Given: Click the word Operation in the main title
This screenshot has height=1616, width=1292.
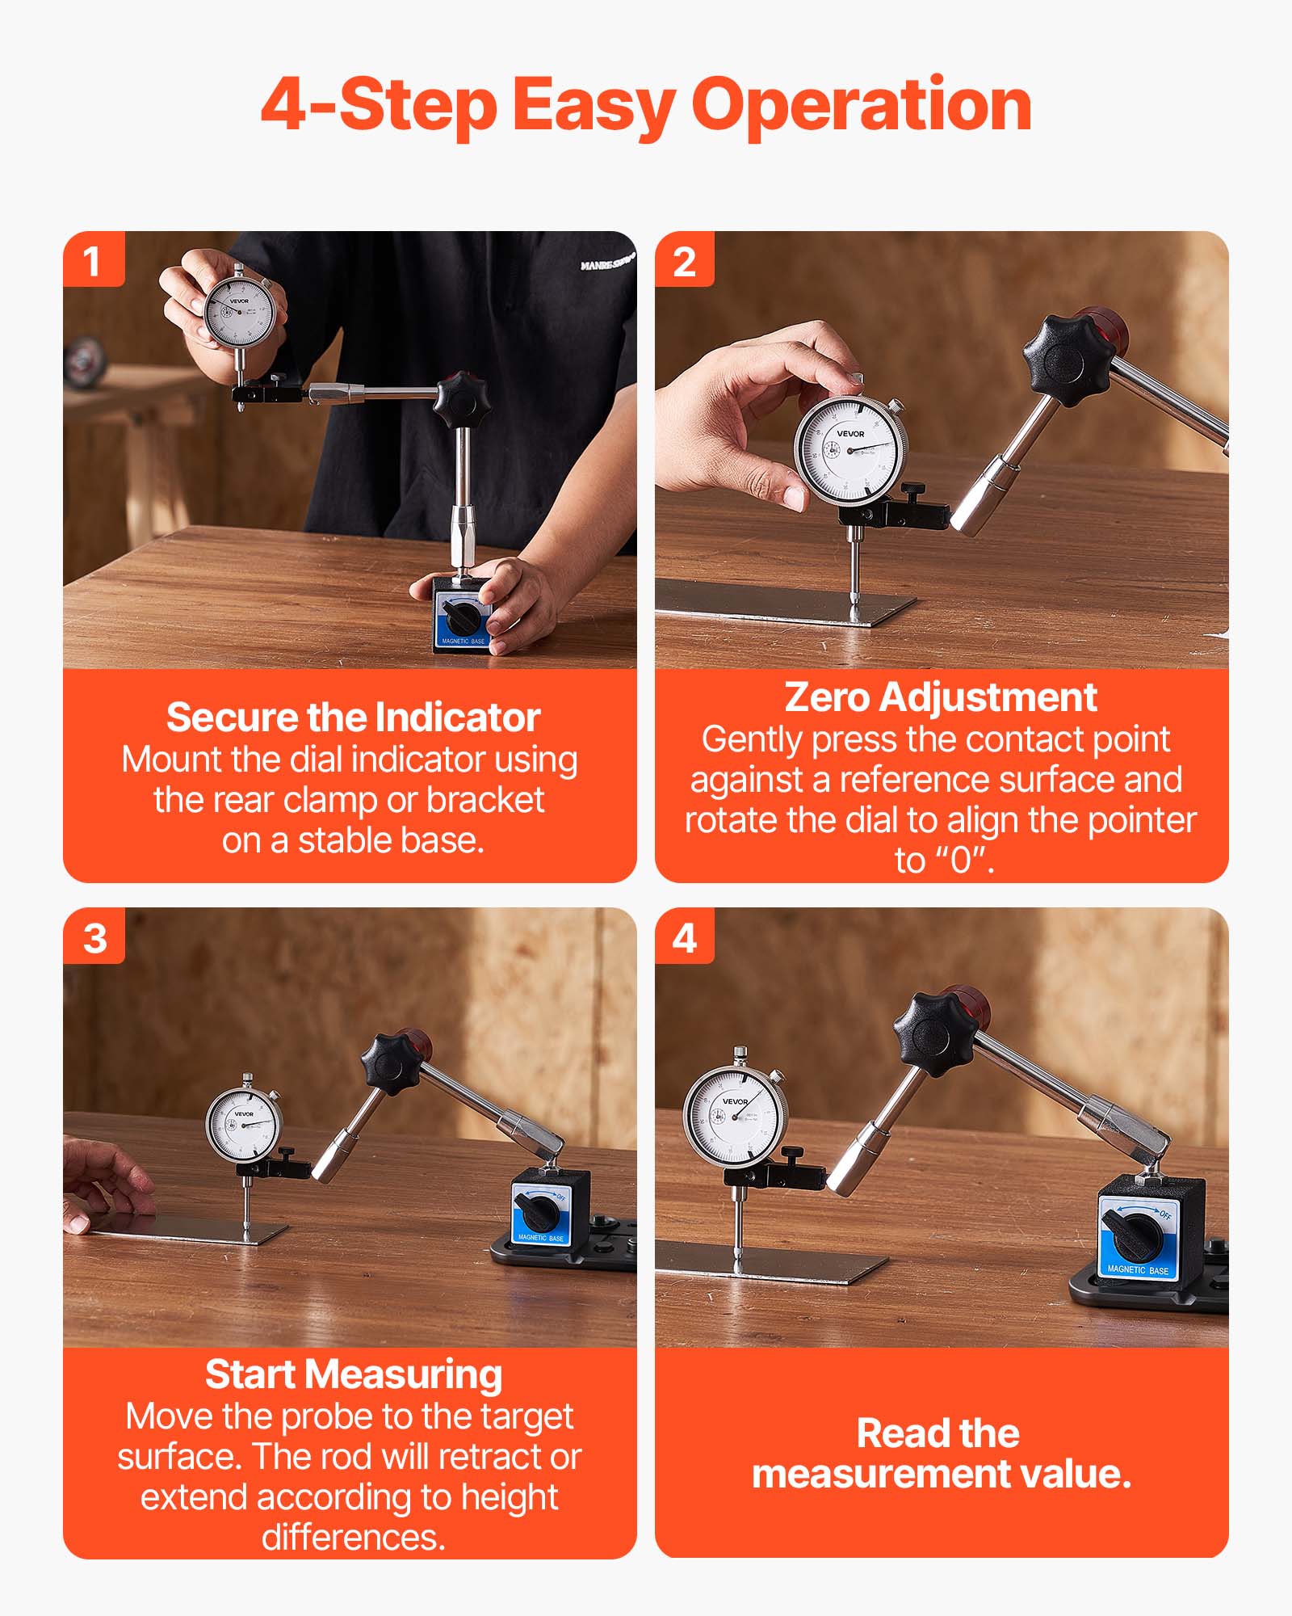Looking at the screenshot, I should pyautogui.click(x=862, y=105).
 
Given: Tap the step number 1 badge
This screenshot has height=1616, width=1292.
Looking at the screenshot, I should pyautogui.click(x=93, y=260).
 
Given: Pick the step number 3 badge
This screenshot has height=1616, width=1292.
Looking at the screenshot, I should pyautogui.click(x=94, y=937).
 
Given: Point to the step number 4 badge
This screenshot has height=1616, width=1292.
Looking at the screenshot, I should pyautogui.click(x=684, y=937).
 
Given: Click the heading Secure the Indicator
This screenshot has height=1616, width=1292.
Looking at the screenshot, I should pyautogui.click(x=353, y=718).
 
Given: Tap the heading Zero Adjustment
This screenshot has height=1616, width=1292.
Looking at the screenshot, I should pyautogui.click(x=940, y=696).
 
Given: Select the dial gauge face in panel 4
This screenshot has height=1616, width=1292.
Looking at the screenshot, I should pyautogui.click(x=733, y=1116).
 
